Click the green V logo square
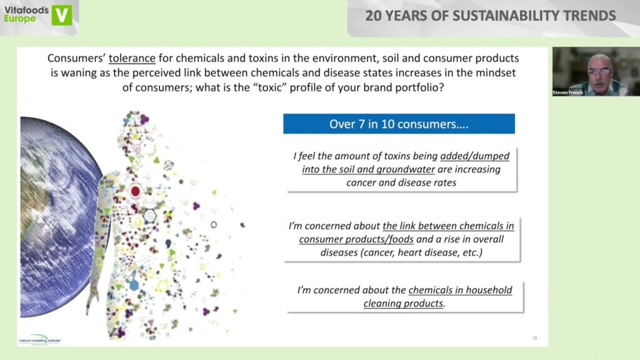pos(62,15)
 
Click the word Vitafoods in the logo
pos(26,10)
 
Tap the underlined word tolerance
pos(132,58)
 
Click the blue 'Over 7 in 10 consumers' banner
pos(399,124)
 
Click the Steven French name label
pos(567,92)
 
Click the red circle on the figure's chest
pos(136,191)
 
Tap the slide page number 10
pos(535,338)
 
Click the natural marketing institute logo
pos(40,339)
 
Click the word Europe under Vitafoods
pos(19,19)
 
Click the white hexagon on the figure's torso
pos(150,216)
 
